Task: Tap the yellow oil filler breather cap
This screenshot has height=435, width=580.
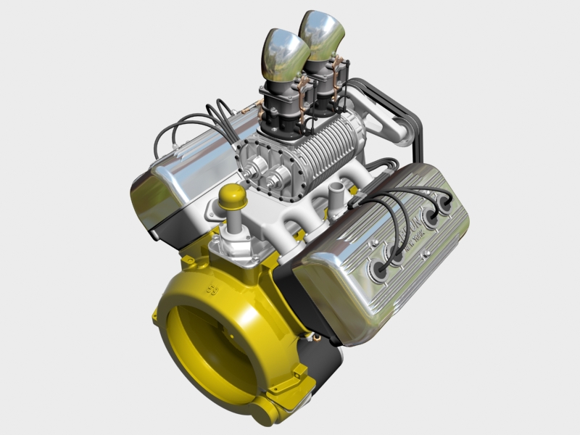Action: pyautogui.click(x=233, y=196)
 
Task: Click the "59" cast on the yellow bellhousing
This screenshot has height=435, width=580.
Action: pyautogui.click(x=212, y=291)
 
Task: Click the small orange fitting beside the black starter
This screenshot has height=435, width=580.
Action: pyautogui.click(x=313, y=336)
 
